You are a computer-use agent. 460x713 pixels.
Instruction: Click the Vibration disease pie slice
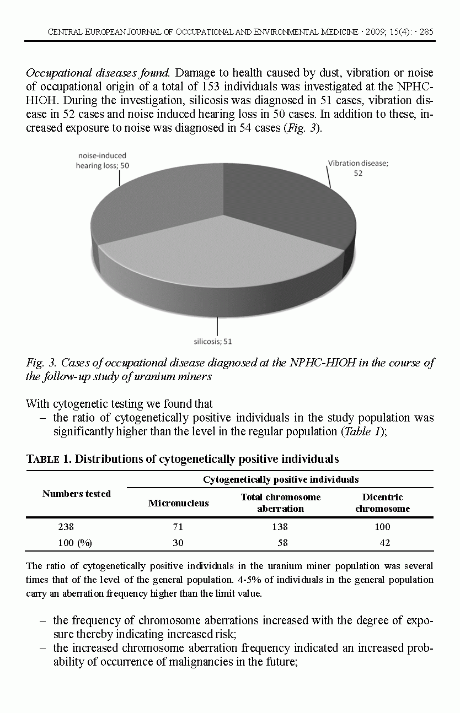coord(281,204)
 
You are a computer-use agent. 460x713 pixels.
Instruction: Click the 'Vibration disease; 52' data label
coord(358,168)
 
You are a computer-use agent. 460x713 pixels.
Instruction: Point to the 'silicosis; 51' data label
coord(213,341)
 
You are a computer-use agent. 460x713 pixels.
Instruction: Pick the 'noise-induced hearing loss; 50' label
coord(103,160)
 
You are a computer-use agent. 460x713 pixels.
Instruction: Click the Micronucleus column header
coord(178,503)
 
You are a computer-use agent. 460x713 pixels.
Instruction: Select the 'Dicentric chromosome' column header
coord(382,503)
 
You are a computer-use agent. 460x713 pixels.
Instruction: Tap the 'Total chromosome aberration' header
coord(280,503)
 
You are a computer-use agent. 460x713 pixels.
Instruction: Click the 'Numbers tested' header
coord(77,494)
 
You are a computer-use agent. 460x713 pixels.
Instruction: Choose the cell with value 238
coord(66,527)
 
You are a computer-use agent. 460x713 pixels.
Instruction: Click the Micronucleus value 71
coord(178,527)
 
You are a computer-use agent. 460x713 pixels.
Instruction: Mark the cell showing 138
coord(280,527)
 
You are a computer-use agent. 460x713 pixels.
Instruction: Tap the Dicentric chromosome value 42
coord(384,543)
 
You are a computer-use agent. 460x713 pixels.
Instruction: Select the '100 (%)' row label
coord(75,543)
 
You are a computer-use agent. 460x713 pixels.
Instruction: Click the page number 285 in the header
coord(426,32)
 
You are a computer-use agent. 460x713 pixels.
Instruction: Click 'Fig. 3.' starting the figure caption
coord(41,363)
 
